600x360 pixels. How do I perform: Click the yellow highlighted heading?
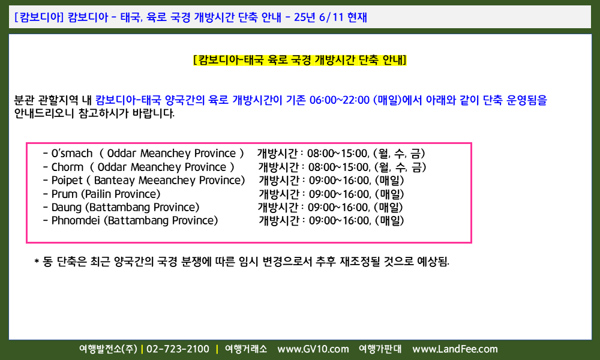(299, 60)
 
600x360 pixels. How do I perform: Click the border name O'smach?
(72, 154)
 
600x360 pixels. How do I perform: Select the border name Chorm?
(67, 167)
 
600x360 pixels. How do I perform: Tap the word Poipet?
(67, 181)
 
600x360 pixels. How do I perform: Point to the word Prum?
(64, 194)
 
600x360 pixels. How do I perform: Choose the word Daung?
(67, 208)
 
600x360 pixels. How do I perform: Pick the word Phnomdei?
(76, 221)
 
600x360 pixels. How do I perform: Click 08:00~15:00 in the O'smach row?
(338, 154)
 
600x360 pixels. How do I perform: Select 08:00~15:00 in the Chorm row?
(339, 167)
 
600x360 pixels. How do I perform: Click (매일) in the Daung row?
(388, 208)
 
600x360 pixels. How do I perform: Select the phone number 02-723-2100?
(178, 349)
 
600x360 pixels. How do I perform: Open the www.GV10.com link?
(313, 349)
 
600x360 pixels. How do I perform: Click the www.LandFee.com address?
(455, 349)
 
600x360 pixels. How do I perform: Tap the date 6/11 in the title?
(331, 17)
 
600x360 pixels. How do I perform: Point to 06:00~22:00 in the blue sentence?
(340, 100)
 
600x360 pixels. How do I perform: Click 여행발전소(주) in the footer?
(108, 349)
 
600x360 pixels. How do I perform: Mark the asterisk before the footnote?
(37, 262)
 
